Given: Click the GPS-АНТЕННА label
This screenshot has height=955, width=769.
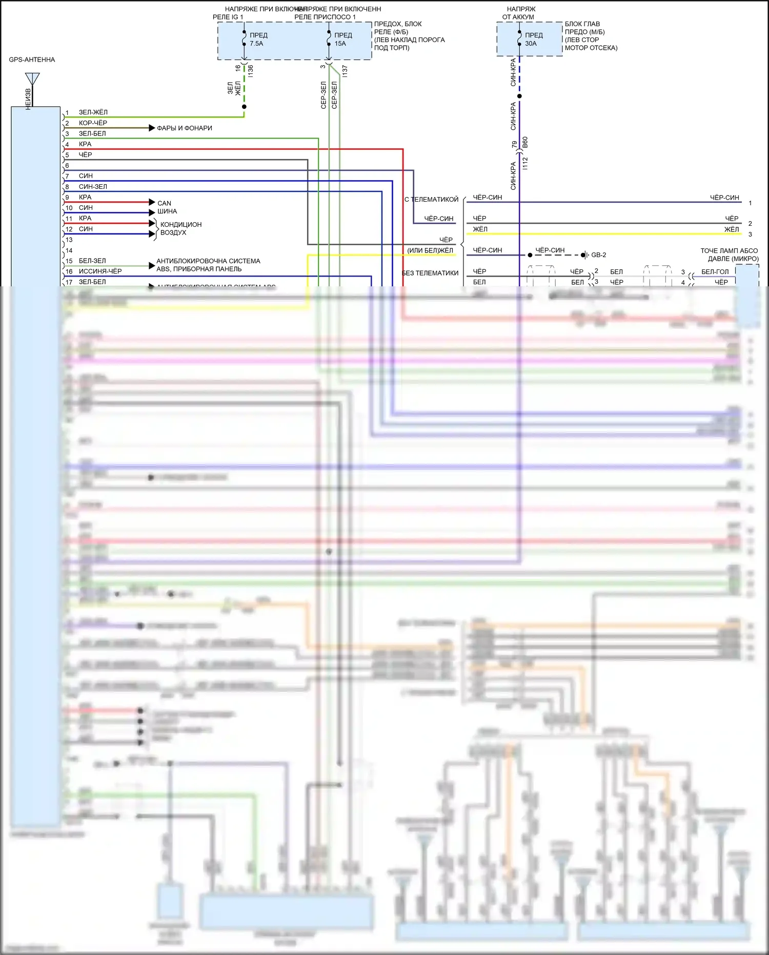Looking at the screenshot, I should coord(32,60).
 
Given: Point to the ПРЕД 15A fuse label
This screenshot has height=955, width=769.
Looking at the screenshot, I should coord(343,40).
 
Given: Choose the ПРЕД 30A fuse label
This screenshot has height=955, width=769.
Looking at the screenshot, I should coord(533,40).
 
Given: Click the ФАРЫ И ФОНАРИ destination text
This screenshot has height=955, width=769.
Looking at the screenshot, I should coord(185,128).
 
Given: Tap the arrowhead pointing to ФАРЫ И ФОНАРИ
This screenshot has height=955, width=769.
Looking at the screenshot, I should coord(152,128).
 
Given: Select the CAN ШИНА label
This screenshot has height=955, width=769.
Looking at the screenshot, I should coord(167,207).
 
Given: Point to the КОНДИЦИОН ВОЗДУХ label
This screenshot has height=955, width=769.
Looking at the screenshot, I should coord(180,228).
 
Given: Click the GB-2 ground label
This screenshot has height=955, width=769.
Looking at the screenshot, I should coord(598,255).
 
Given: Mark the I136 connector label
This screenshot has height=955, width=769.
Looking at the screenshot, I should coord(251,71).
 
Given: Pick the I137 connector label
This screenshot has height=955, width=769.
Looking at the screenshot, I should coord(345,71).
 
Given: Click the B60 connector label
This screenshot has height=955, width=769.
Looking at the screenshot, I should coord(525,143).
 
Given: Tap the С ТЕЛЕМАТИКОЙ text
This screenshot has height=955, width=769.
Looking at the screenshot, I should coord(431,200).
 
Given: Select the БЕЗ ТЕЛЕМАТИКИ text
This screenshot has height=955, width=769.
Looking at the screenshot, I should coord(430,273).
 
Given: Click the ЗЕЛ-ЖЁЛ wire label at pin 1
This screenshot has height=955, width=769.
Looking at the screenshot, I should coord(93,112).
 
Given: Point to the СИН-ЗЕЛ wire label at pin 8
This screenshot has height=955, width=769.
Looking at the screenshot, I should coord(93,187).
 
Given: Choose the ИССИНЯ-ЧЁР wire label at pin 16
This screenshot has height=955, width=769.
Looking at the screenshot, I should coord(100,271).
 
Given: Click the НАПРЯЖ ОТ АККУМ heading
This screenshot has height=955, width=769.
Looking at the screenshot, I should coord(519,13).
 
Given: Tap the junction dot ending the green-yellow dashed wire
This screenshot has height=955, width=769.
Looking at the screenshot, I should coord(244,107).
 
